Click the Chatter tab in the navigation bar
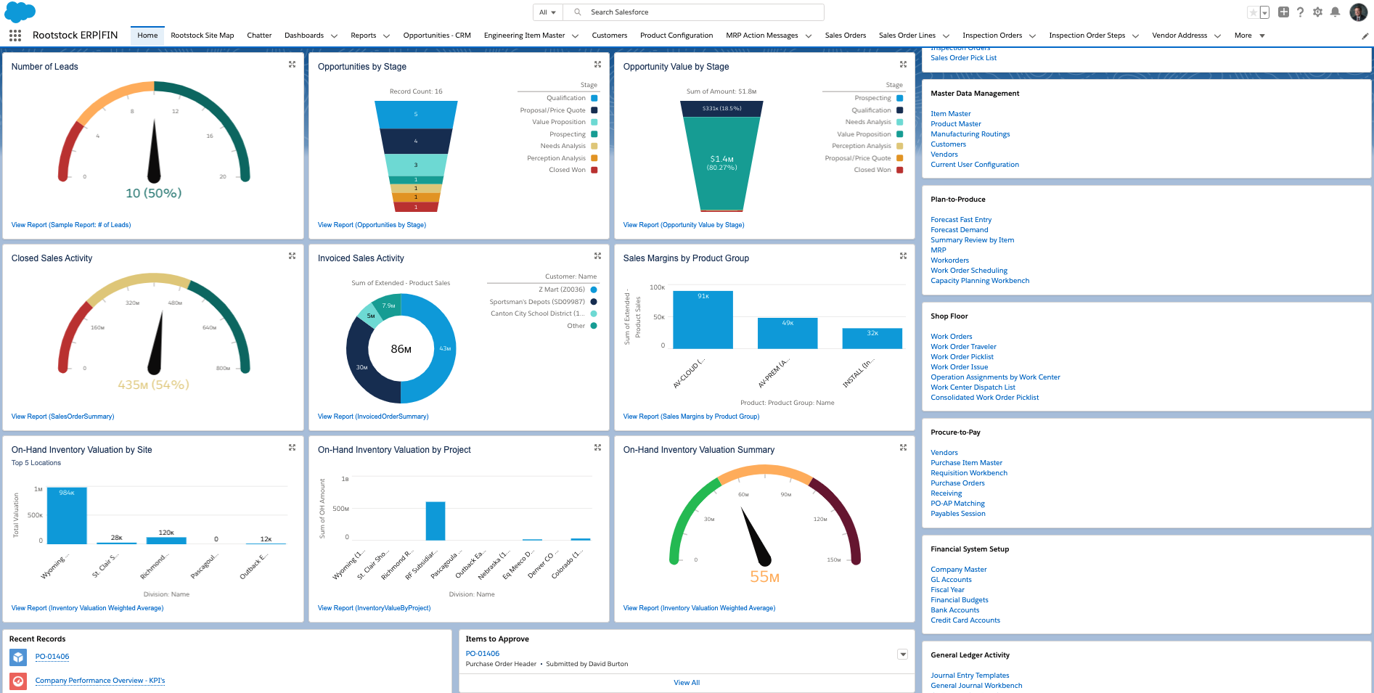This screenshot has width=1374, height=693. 259,36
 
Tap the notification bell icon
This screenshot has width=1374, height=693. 1335,12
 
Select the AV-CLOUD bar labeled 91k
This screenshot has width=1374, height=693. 703,319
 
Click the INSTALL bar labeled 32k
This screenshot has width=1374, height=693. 872,338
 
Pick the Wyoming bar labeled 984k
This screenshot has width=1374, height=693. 67,515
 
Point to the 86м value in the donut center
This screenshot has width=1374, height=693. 401,349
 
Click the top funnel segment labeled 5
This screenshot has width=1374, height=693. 416,115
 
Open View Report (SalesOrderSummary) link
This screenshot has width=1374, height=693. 62,417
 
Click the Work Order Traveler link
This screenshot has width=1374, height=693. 963,347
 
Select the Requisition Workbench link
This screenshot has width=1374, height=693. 968,473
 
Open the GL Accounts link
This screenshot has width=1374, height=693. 951,580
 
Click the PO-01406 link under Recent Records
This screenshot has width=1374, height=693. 52,657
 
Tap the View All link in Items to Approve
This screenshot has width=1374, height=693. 686,683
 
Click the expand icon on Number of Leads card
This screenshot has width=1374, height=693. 292,65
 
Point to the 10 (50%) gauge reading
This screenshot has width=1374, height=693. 154,193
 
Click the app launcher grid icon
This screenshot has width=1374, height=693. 15,36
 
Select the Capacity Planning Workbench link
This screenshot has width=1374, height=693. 979,281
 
